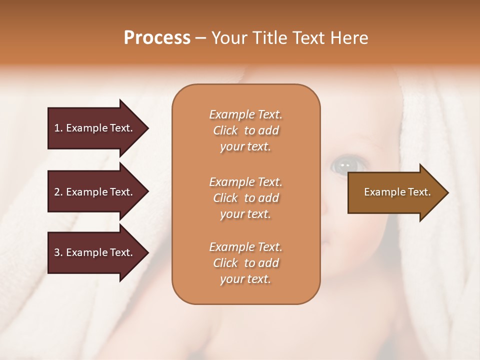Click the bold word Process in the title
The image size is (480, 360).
157,38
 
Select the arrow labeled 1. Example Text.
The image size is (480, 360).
95,128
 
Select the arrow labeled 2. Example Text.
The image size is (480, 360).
95,192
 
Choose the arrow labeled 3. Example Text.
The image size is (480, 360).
95,252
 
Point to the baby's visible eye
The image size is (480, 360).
344,165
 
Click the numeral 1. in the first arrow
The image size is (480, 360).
58,128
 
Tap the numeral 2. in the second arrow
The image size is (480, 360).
58,192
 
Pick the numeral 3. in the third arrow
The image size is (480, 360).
58,252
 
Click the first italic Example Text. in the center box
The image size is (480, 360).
245,114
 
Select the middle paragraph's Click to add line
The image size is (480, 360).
245,198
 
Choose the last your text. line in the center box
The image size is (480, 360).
245,279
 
